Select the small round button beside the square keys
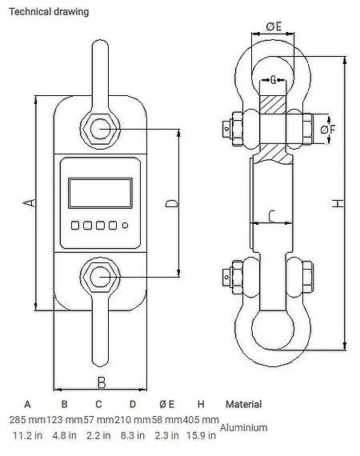(x=125, y=226)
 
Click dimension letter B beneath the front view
(x=101, y=382)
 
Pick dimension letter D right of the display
(x=170, y=204)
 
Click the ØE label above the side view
(x=273, y=27)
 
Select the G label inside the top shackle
(x=274, y=80)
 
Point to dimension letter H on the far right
(x=339, y=204)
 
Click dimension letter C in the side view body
(x=271, y=214)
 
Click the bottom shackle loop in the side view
(x=272, y=328)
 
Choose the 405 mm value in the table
(x=200, y=420)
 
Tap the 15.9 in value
(x=201, y=436)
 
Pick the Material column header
(x=243, y=404)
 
